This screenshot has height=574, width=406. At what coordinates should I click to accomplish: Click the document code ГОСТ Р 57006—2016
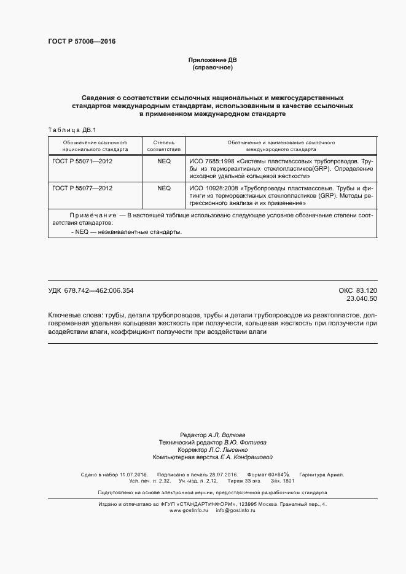click(81, 42)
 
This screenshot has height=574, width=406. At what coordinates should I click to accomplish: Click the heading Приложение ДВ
click(212, 60)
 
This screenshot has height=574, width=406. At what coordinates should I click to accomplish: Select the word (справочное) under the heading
click(212, 67)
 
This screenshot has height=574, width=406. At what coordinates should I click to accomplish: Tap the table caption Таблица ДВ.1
click(68, 130)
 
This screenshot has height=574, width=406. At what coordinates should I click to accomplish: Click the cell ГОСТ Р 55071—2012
click(83, 160)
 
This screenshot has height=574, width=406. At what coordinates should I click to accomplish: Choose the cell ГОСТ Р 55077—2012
click(83, 188)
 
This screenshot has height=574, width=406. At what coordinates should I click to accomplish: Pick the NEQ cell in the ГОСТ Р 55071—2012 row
click(164, 160)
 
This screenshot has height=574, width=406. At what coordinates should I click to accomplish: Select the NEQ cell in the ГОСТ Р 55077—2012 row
click(164, 188)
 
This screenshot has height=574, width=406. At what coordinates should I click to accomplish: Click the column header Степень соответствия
click(164, 145)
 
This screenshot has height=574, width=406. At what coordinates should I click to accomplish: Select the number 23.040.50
click(362, 299)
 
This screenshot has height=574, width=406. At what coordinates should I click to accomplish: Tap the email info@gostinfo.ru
click(235, 511)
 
